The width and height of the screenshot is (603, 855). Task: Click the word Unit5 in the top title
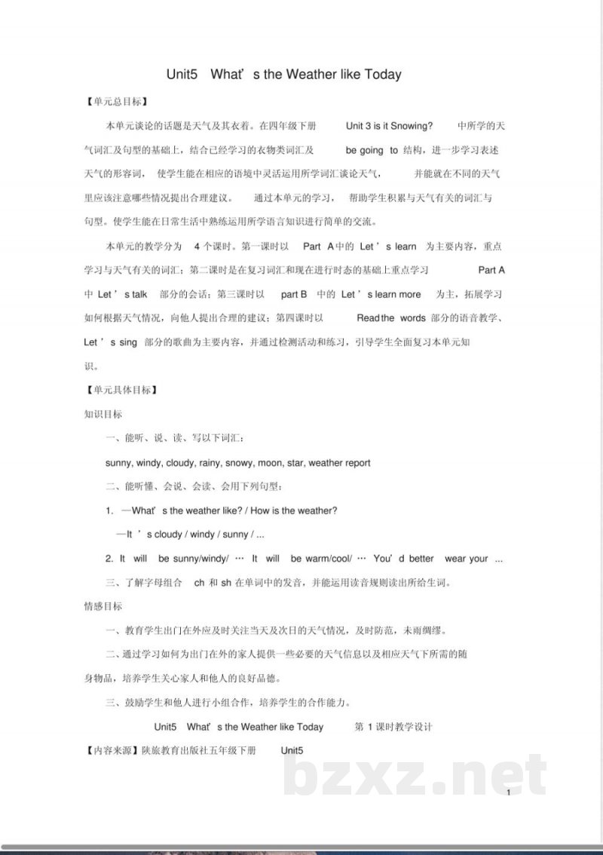coord(182,75)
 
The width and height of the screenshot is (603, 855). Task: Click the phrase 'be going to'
coord(372,150)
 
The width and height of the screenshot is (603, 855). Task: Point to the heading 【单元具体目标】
coord(121,390)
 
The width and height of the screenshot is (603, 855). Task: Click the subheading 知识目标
coord(103,414)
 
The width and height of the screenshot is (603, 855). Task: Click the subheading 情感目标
coord(103,606)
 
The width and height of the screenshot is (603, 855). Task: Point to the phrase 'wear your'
coord(467,559)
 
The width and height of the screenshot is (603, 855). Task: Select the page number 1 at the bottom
coord(510,792)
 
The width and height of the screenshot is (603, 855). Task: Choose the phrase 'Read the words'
coord(391,317)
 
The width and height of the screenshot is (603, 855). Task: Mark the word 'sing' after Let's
coord(128,342)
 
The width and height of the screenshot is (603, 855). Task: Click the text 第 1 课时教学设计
coord(393,727)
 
